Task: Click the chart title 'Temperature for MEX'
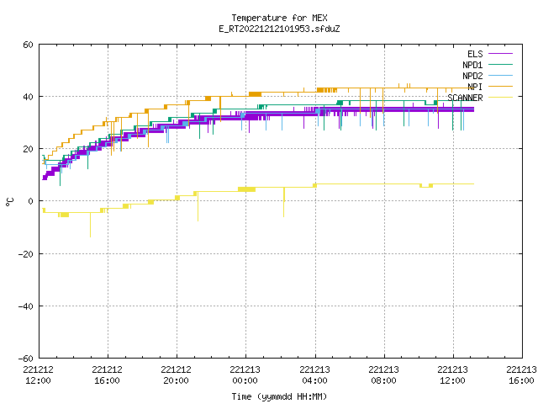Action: click(279, 18)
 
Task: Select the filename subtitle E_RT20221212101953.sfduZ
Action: click(279, 29)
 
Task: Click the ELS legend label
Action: click(475, 54)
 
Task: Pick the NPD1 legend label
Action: click(472, 65)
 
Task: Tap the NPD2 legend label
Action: click(472, 76)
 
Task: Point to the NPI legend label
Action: click(475, 87)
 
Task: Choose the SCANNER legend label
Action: click(465, 98)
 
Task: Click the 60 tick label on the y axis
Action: click(28, 45)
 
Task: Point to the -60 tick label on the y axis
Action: click(26, 359)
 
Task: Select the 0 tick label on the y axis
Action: click(31, 201)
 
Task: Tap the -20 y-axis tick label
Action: click(26, 254)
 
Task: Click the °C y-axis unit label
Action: click(9, 202)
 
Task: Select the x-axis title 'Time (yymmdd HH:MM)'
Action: click(279, 396)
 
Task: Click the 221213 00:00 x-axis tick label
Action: click(245, 375)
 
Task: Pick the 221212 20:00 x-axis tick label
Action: click(176, 375)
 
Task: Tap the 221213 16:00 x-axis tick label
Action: click(521, 375)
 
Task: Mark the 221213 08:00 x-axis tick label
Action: click(383, 375)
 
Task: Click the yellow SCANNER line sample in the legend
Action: click(500, 98)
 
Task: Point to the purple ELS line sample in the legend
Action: click(500, 54)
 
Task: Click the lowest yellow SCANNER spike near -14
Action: click(90, 237)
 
